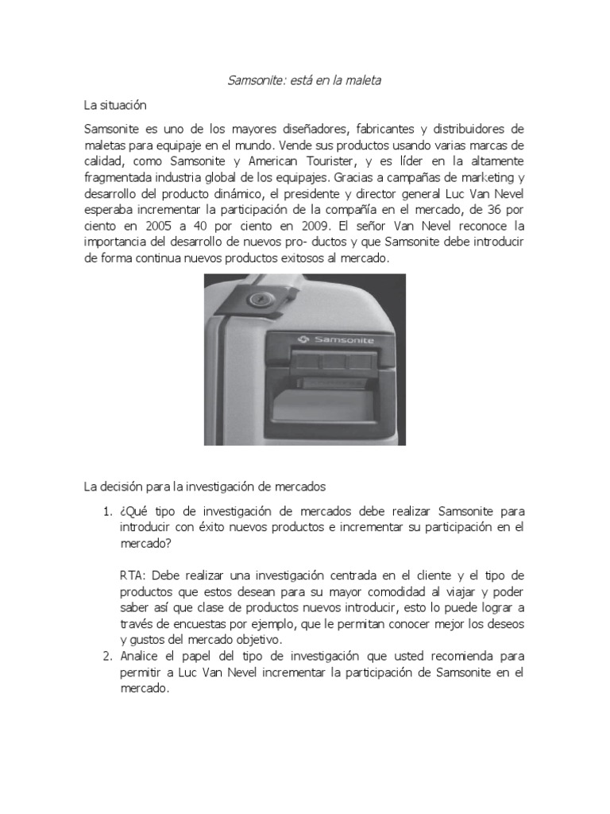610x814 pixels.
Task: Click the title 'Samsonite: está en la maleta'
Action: (305, 81)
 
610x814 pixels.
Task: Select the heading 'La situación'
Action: (115, 105)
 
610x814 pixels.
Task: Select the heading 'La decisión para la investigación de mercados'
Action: (206, 486)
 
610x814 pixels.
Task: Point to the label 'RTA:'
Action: (134, 576)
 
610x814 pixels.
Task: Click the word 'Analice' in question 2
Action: (141, 657)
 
